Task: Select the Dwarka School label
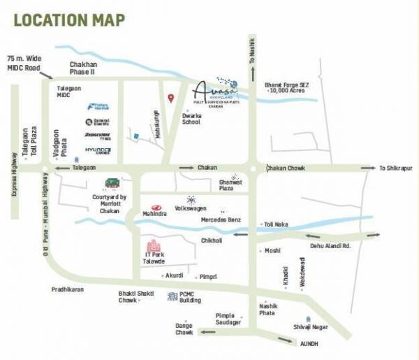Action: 191,118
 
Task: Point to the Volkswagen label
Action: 191,208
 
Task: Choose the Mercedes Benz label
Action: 221,219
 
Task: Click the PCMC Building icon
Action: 172,296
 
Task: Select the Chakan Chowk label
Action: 287,168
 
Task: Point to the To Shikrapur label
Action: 396,168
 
